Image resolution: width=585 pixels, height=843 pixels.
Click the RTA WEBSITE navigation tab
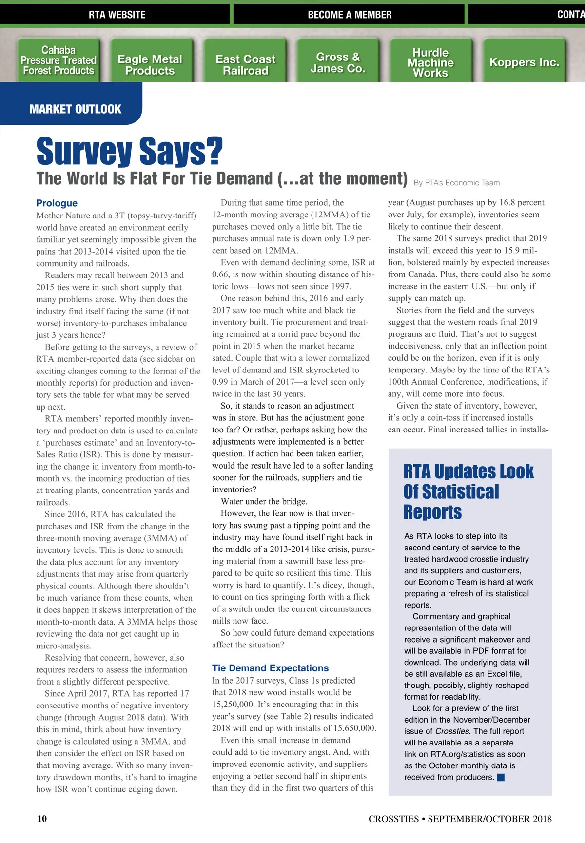(x=117, y=15)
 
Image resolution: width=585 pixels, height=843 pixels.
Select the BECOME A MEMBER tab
(x=350, y=15)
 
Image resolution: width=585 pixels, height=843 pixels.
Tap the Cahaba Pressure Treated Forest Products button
(x=58, y=60)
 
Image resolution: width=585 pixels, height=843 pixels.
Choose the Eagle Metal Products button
(x=150, y=65)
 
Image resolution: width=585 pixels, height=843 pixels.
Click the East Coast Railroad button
(x=246, y=65)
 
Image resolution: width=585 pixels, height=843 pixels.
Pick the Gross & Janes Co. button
(x=338, y=63)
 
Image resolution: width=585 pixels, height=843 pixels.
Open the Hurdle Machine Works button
(x=430, y=63)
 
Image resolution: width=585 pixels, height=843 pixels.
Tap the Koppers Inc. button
(x=524, y=62)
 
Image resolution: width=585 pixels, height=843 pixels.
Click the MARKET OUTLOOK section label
(x=75, y=109)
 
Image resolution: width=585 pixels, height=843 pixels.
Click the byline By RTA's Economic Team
(x=457, y=183)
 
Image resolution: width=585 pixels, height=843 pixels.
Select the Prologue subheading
(x=57, y=203)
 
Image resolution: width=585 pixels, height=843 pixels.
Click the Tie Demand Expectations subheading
(x=270, y=668)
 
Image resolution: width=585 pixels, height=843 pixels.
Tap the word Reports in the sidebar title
(x=432, y=512)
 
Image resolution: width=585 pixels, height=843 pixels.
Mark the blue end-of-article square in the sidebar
(x=501, y=777)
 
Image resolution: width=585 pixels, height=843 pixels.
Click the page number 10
(x=42, y=819)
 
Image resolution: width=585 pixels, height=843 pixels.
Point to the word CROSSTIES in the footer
(x=393, y=819)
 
